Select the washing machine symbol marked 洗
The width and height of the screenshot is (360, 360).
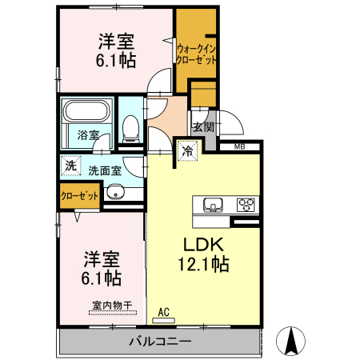[70, 166]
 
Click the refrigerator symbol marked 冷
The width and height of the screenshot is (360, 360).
[188, 151]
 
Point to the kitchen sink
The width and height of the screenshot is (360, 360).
[213, 205]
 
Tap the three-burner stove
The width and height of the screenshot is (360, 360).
[246, 205]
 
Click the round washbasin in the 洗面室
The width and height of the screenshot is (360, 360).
[115, 192]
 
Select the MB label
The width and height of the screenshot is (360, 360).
[240, 146]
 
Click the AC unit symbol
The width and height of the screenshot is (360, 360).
[163, 320]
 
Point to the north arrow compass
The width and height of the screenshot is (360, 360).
[290, 341]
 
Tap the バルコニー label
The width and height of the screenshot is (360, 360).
[160, 342]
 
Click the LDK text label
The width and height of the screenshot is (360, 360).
[203, 244]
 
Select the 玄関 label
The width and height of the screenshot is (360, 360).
[203, 127]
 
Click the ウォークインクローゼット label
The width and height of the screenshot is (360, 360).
[197, 54]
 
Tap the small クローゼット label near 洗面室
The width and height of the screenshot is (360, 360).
[79, 196]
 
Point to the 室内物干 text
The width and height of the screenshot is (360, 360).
[112, 306]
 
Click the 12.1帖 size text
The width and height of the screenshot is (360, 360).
[203, 264]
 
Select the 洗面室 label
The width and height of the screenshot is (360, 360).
[105, 171]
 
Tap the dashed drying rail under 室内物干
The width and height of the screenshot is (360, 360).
[113, 313]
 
